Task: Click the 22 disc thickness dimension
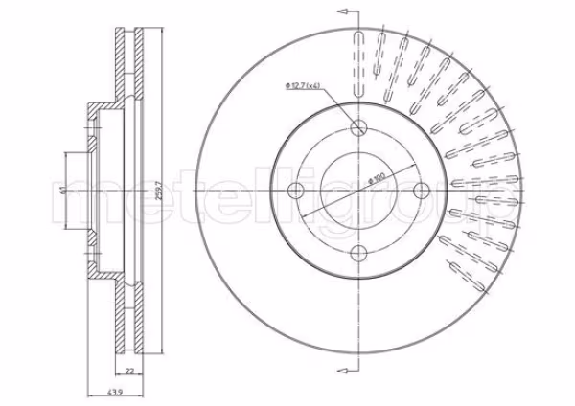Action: pos(129,372)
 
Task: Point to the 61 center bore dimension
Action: pos(62,191)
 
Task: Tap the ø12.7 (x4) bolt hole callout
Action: pos(303,86)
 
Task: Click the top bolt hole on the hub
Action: pos(359,128)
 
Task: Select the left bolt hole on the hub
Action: pos(296,191)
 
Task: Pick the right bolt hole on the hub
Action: pos(422,191)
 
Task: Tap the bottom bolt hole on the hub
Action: pos(359,253)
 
